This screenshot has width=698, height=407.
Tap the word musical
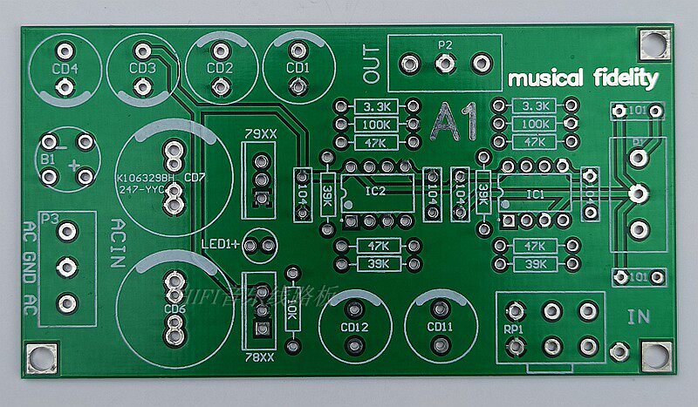[545, 78]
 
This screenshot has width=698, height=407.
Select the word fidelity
[623, 78]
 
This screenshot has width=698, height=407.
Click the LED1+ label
[221, 244]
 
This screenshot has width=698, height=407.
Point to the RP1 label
[513, 330]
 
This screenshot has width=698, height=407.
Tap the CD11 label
[441, 327]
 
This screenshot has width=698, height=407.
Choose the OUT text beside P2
[373, 64]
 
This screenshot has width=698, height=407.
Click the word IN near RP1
[639, 316]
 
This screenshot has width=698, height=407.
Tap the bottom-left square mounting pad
[38, 356]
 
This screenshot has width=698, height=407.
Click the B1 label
[47, 159]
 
